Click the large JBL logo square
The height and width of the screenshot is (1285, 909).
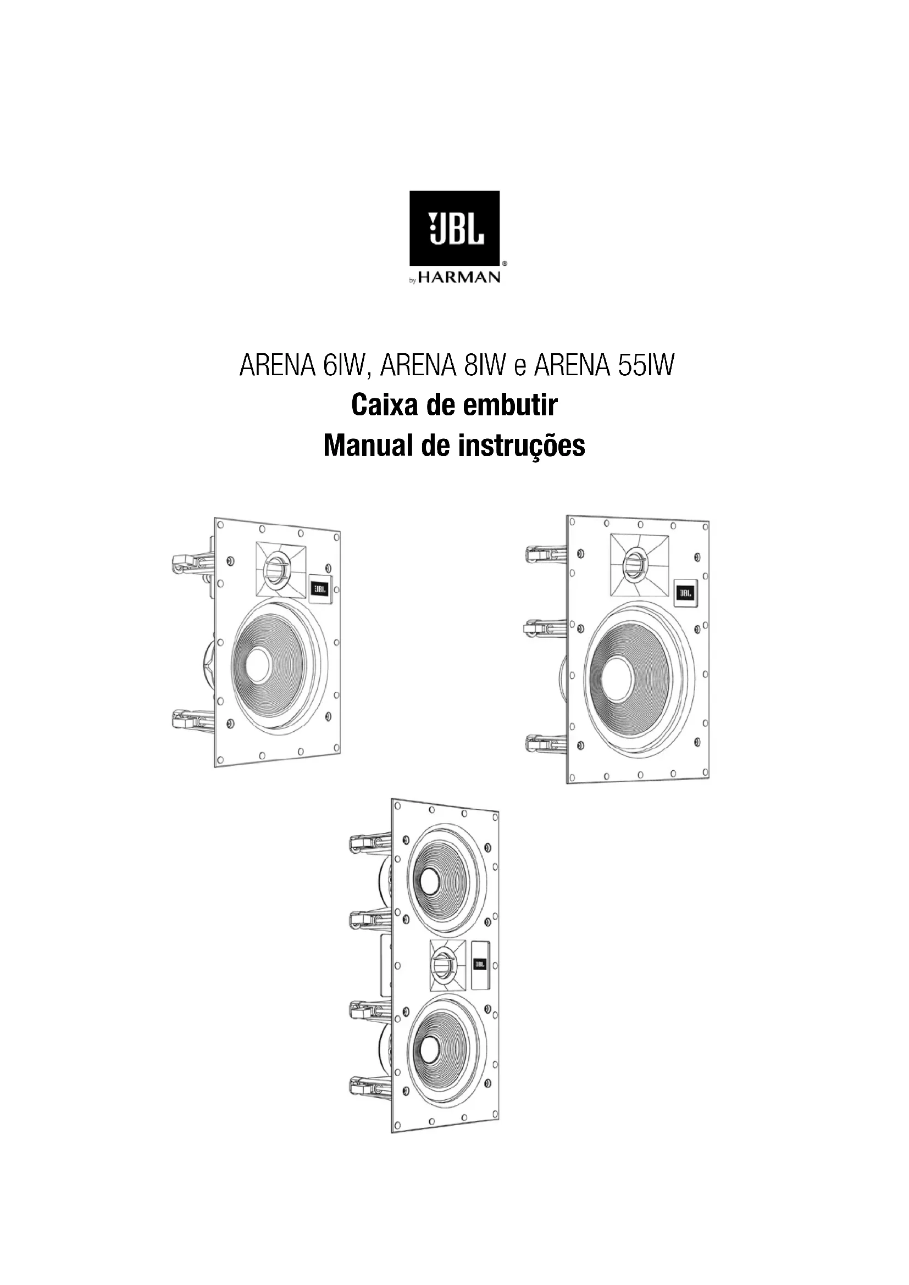454,228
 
